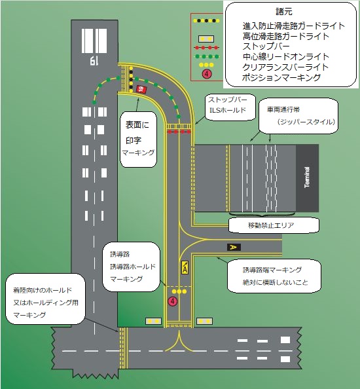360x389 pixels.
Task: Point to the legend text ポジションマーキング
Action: (281, 78)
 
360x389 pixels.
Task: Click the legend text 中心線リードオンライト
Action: (285, 57)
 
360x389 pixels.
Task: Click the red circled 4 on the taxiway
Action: (173, 301)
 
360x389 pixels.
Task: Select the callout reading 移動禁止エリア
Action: (274, 226)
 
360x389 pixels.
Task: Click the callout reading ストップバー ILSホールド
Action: (227, 105)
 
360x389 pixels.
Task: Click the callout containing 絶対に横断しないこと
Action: (274, 277)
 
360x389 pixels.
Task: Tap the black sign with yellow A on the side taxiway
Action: (233, 247)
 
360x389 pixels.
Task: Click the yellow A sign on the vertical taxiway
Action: (185, 267)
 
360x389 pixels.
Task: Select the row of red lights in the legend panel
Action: (206, 47)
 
